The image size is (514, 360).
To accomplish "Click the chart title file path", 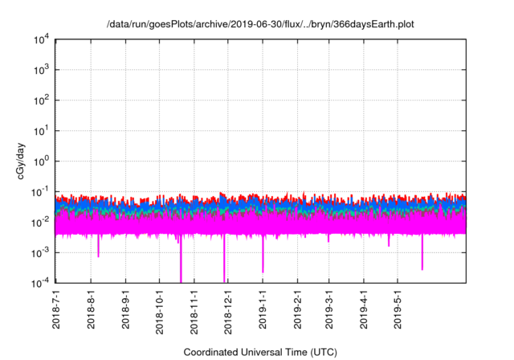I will pyautogui.click(x=257, y=24).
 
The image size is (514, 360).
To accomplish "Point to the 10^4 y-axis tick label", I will pyautogui.click(x=43, y=39).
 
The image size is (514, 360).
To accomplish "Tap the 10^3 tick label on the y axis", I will pyautogui.click(x=43, y=70).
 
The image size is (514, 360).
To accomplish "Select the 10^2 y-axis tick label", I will pyautogui.click(x=43, y=100).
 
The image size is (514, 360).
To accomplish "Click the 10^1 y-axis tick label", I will pyautogui.click(x=43, y=130).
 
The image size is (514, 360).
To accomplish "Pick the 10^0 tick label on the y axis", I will pyautogui.click(x=43, y=161).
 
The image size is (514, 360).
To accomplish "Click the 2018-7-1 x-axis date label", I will pyautogui.click(x=56, y=309).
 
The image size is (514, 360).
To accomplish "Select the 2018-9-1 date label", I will pyautogui.click(x=125, y=309).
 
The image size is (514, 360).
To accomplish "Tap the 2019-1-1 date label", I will pyautogui.click(x=263, y=309).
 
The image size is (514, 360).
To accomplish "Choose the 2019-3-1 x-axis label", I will pyautogui.click(x=328, y=309).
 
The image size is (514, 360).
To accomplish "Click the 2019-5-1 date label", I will pyautogui.click(x=398, y=309).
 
